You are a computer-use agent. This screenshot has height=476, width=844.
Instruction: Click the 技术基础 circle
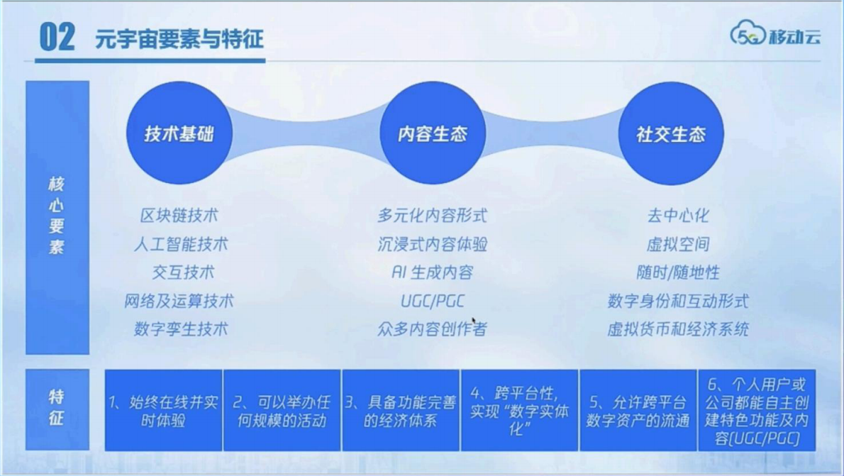(x=179, y=133)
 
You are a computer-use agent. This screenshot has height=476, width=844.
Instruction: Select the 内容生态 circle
(x=432, y=133)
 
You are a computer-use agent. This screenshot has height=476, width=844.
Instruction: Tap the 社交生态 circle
(x=670, y=133)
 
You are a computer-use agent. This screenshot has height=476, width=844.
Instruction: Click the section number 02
(x=57, y=37)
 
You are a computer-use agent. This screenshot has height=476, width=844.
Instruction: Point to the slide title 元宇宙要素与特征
(x=179, y=38)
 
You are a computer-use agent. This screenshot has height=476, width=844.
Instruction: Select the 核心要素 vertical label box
(x=57, y=216)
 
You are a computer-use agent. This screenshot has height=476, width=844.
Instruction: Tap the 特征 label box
(x=57, y=409)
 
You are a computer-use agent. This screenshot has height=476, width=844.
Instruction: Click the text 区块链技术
(x=179, y=216)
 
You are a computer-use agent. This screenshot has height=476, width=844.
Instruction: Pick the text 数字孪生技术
(x=181, y=329)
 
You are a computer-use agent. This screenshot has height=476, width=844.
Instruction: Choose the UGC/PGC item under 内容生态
(x=432, y=301)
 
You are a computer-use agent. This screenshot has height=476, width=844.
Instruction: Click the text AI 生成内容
(x=432, y=272)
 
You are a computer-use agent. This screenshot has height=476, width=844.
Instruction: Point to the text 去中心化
(x=677, y=216)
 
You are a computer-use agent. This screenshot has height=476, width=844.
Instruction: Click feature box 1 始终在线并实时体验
(x=163, y=410)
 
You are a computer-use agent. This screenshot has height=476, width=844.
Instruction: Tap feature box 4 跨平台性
(x=519, y=410)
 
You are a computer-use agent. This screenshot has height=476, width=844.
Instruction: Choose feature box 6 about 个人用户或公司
(x=757, y=410)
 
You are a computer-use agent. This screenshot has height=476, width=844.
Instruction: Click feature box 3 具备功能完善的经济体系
(x=401, y=410)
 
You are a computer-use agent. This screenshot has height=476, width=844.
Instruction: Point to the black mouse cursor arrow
(x=474, y=321)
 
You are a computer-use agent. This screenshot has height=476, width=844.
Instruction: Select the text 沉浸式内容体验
(x=432, y=244)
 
